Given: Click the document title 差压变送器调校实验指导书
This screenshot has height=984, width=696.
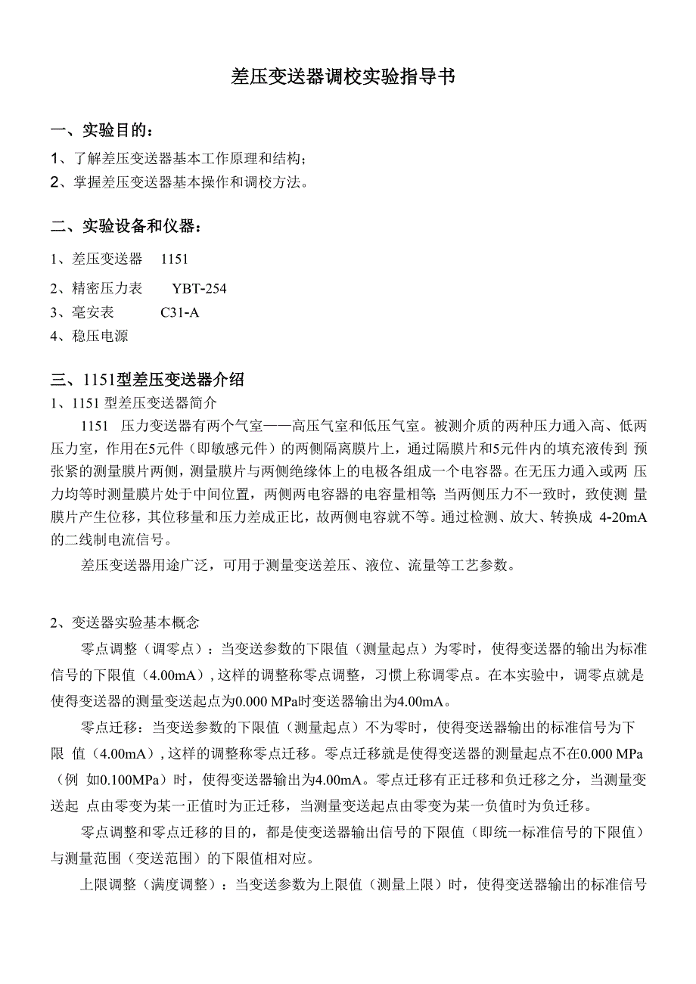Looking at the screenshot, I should pyautogui.click(x=343, y=77).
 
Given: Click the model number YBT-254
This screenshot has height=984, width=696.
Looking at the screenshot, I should pyautogui.click(x=199, y=289).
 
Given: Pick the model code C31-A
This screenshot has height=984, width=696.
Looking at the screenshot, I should pyautogui.click(x=180, y=312).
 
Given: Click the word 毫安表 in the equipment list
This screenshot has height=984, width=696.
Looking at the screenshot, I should pyautogui.click(x=93, y=312).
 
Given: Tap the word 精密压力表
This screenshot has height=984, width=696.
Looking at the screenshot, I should pyautogui.click(x=107, y=289).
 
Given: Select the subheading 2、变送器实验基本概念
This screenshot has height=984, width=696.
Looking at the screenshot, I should pyautogui.click(x=125, y=623).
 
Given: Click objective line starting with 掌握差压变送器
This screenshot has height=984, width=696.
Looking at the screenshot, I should pyautogui.click(x=182, y=182).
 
